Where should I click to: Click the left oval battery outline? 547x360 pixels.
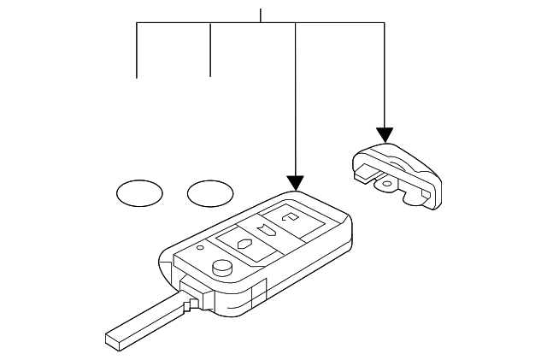tap(138, 193)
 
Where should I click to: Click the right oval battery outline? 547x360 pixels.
tap(210, 193)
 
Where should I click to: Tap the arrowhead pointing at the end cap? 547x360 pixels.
tap(385, 134)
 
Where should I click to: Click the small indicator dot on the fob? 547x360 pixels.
tap(200, 249)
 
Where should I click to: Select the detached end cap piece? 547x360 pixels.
tap(397, 175)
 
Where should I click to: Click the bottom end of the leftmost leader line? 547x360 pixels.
tap(138, 77)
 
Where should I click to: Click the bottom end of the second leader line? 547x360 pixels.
tap(210, 76)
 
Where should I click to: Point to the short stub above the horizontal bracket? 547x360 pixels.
tap(260, 15)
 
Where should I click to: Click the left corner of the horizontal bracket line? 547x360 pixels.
tap(138, 24)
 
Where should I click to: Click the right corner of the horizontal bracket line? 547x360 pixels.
tap(385, 24)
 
